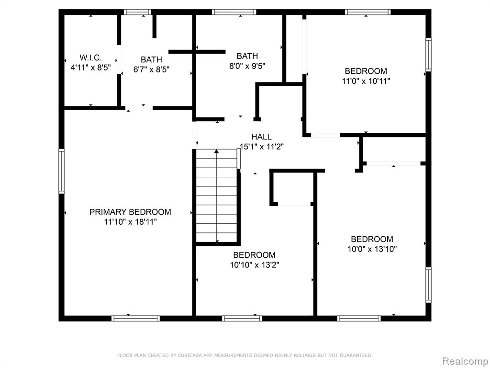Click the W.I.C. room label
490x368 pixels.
tap(90, 57)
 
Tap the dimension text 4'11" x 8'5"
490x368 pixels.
tap(90, 68)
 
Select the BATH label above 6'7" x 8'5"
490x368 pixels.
tap(151, 59)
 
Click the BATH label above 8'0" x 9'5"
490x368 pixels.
tap(247, 56)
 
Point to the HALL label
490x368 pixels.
tap(262, 137)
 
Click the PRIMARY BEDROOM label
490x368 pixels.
tap(130, 212)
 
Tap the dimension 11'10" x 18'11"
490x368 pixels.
tap(130, 222)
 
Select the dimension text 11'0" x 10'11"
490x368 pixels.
tap(366, 81)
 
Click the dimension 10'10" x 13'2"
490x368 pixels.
tap(255, 265)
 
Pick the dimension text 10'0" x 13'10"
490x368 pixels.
tap(372, 249)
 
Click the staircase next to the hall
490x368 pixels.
tap(217, 196)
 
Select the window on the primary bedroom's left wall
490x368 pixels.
tap(62, 171)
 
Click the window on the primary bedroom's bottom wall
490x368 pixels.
tap(135, 319)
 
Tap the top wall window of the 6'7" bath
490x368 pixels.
tap(137, 12)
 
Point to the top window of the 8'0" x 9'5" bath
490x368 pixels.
tap(234, 12)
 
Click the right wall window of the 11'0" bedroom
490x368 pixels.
tap(428, 55)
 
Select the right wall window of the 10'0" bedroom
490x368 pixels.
tap(428, 285)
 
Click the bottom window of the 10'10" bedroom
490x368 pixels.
tap(242, 319)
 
